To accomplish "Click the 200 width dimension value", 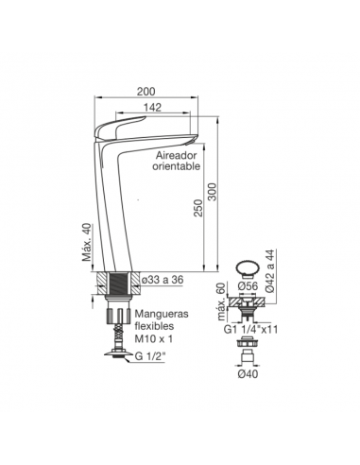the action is tap(146, 92).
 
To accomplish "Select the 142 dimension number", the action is tap(152, 108).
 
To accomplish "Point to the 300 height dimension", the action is tap(214, 192).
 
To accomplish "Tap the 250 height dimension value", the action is tap(198, 208).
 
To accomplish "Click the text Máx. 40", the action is tap(87, 242).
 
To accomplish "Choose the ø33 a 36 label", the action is tap(163, 279).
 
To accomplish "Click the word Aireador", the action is tap(177, 155).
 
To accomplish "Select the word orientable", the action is tap(177, 166).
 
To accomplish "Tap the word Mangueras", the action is tap(162, 314).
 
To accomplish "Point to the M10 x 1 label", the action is tap(154, 338).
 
